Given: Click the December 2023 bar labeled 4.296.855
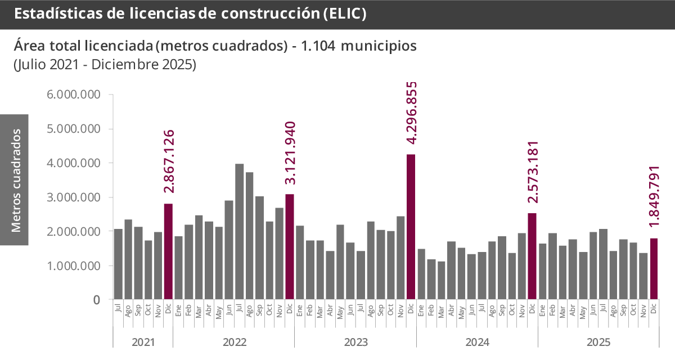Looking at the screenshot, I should pyautogui.click(x=411, y=226).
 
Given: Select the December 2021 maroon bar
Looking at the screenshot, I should pyautogui.click(x=168, y=251).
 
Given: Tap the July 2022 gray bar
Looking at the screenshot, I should pyautogui.click(x=239, y=231).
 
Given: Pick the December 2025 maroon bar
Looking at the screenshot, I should pyautogui.click(x=654, y=268).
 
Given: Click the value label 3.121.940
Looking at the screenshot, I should pyautogui.click(x=290, y=153).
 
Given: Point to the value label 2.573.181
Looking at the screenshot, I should pyautogui.click(x=533, y=172).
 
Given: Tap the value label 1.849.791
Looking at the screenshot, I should pyautogui.click(x=654, y=197).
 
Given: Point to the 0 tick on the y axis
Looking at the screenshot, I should pyautogui.click(x=96, y=300).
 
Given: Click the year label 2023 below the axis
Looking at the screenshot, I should pyautogui.click(x=355, y=342).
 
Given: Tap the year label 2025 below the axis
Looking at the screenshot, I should pyautogui.click(x=598, y=342).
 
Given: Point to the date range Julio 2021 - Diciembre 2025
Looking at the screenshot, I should pyautogui.click(x=105, y=64).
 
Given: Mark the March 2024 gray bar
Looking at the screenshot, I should pyautogui.click(x=442, y=280).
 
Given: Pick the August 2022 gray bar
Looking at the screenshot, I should pyautogui.click(x=249, y=236).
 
